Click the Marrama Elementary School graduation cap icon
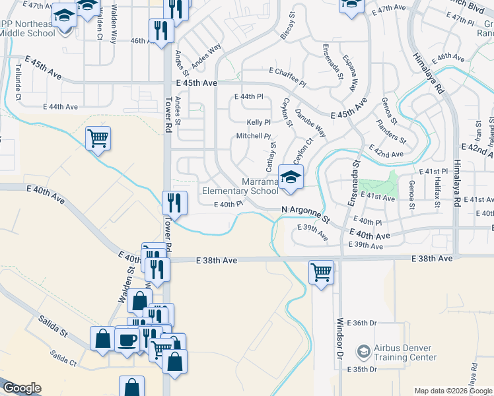click(290, 178)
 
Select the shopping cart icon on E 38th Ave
click(321, 271)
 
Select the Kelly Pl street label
click(258, 122)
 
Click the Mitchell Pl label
click(254, 136)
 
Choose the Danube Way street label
click(310, 123)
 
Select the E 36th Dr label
click(364, 323)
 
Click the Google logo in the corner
click(22, 388)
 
